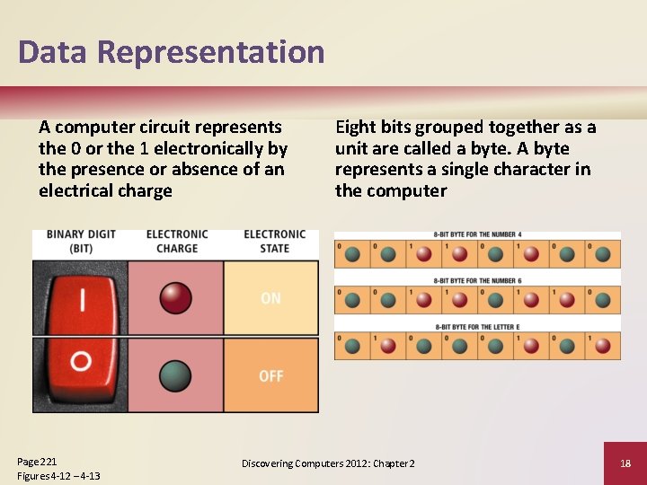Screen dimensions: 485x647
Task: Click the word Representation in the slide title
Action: tap(210, 52)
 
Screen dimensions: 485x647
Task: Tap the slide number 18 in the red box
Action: tap(625, 463)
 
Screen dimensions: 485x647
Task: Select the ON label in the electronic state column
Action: tap(270, 298)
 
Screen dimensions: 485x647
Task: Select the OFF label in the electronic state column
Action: tap(270, 375)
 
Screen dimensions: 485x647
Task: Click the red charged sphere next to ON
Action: tap(175, 297)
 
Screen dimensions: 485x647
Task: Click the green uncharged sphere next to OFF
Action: tap(175, 375)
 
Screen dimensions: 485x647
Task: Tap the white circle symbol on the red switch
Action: tap(81, 361)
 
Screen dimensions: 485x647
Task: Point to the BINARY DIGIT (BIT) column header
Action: tap(81, 242)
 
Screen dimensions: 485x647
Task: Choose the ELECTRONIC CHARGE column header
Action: tap(177, 242)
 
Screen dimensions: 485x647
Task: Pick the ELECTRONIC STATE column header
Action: tap(274, 242)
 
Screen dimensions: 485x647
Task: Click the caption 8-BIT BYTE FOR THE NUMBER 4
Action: tap(477, 235)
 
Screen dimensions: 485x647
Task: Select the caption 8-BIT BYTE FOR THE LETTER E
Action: tap(477, 327)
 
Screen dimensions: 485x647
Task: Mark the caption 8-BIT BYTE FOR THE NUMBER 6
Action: tap(477, 281)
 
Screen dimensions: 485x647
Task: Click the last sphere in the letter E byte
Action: tap(602, 346)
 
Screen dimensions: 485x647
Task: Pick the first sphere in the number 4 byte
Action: tap(352, 254)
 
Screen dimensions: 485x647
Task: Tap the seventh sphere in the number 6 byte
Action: tap(567, 300)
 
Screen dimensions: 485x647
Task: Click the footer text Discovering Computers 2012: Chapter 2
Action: tap(328, 463)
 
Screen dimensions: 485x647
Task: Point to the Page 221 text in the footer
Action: tap(37, 461)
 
